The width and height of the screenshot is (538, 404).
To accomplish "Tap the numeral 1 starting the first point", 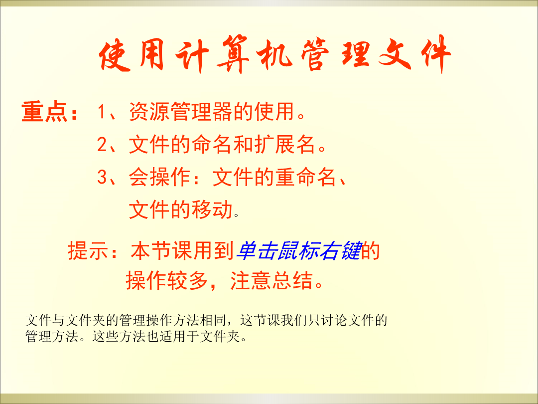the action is (102, 112).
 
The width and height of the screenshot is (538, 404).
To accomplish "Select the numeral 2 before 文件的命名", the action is (102, 144).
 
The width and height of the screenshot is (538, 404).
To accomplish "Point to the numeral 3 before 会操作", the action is (102, 177).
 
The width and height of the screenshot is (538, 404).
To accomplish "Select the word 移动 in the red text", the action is (212, 209).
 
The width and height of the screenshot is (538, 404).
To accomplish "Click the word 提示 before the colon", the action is (89, 250).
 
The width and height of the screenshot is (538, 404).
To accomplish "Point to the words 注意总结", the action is (271, 280).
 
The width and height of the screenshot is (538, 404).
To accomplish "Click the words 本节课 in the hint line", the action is (161, 250).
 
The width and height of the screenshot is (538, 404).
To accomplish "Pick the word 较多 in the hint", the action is (187, 280).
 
